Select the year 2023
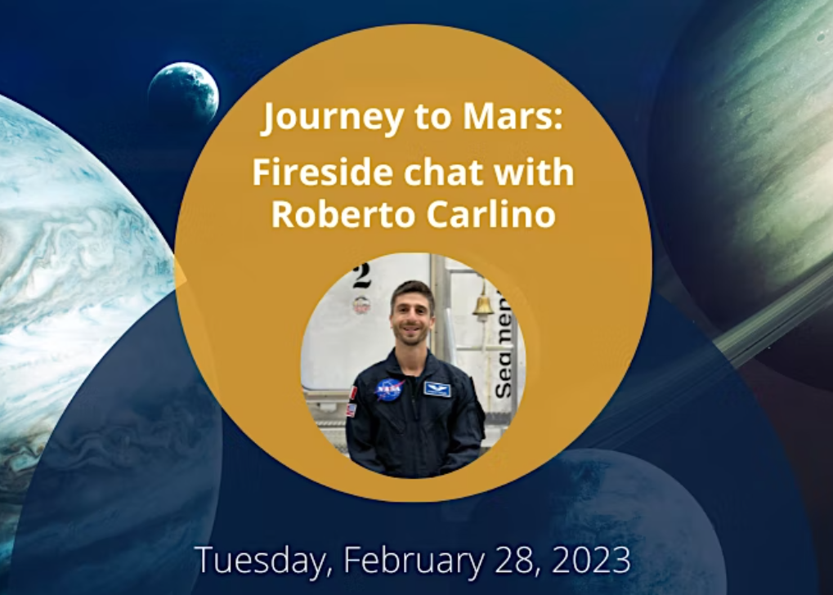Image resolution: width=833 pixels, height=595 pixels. coord(591,560)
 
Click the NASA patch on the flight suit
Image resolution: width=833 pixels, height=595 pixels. coord(389,389)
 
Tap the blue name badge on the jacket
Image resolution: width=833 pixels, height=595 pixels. coord(437,389)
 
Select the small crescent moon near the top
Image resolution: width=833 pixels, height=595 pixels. coord(183,93)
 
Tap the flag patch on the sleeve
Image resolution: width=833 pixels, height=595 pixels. coord(352,409)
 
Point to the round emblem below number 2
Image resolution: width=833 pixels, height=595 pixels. coord(361,304)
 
